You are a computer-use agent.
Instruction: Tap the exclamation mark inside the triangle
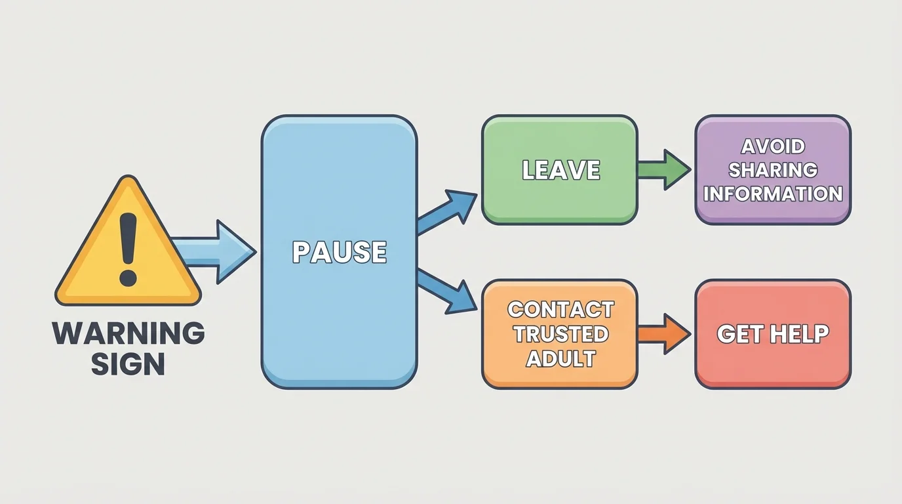tap(128, 250)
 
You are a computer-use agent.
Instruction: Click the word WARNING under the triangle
tap(128, 333)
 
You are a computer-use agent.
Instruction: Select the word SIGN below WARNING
tap(128, 364)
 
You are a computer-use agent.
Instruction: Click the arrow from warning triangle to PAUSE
tap(216, 252)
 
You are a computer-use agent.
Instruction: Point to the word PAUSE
tap(339, 253)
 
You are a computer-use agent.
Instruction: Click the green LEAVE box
tap(560, 197)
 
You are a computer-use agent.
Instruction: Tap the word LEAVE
tap(560, 171)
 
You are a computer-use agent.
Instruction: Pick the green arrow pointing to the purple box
tap(664, 170)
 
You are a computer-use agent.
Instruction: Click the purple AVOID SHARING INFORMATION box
tap(773, 210)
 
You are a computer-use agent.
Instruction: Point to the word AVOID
tap(773, 146)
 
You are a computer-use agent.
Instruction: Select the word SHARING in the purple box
tap(773, 170)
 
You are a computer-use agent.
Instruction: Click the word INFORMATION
tap(773, 194)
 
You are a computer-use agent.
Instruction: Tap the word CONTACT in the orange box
tap(560, 309)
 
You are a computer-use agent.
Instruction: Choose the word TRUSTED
tap(560, 334)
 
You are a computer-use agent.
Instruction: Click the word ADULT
tap(560, 359)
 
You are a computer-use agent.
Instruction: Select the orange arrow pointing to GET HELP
tap(664, 334)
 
